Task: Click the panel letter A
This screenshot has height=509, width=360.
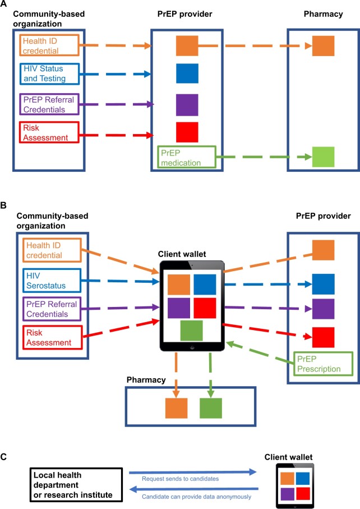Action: coord(4,5)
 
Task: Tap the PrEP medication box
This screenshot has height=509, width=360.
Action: coord(185,157)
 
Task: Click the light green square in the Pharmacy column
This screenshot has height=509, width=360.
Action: coord(323,157)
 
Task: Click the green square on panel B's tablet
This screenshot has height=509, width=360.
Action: coord(191,331)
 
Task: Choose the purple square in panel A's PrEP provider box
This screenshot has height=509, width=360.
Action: coord(187,105)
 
